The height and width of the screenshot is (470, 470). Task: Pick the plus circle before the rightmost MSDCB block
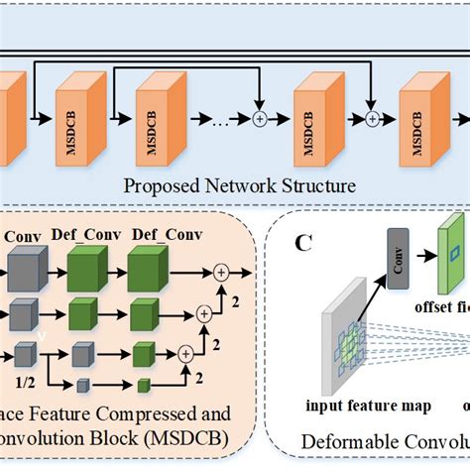375,119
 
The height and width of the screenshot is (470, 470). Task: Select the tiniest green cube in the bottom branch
143,385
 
